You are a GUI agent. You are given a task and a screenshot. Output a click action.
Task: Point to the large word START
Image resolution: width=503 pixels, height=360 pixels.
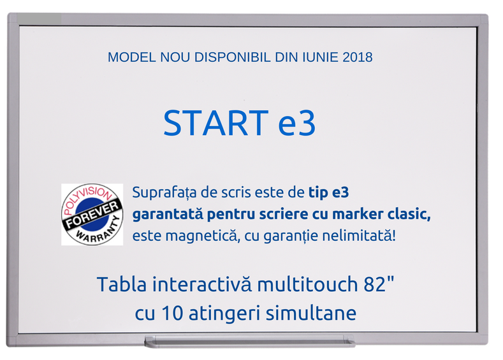pyautogui.click(x=216, y=123)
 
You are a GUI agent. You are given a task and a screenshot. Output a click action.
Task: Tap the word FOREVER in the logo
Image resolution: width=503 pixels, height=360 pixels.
pyautogui.click(x=92, y=215)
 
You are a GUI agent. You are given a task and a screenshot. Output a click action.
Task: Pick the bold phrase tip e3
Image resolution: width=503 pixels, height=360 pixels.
pyautogui.click(x=328, y=193)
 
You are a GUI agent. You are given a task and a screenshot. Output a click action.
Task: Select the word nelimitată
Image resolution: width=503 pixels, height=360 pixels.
pyautogui.click(x=359, y=236)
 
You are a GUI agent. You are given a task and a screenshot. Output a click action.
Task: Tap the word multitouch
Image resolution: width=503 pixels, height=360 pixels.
pyautogui.click(x=307, y=284)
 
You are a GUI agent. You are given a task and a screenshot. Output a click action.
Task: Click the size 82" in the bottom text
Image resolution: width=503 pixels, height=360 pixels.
pyautogui.click(x=379, y=284)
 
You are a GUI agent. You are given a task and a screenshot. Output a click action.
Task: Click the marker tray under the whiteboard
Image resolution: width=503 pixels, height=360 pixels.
pyautogui.click(x=249, y=342)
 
